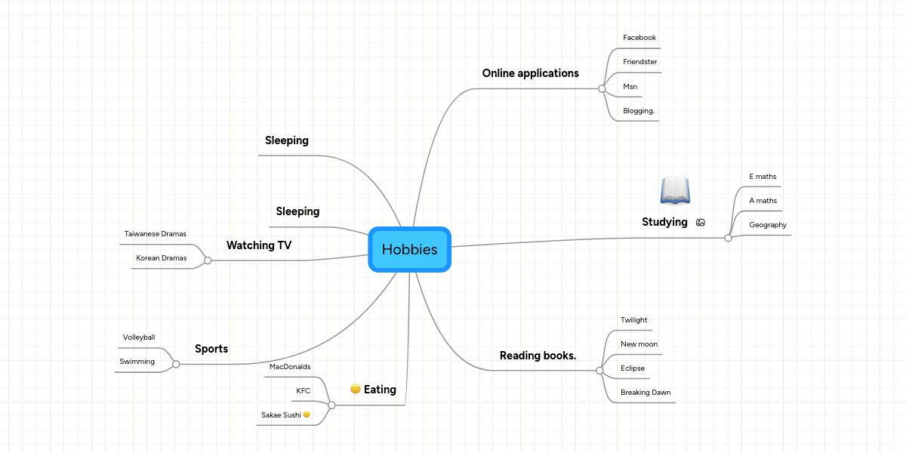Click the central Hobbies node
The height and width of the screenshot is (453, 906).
pos(409,249)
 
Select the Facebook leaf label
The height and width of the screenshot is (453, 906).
pos(639,38)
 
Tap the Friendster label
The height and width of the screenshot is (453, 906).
pos(639,62)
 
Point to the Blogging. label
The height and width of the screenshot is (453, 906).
pos(638,111)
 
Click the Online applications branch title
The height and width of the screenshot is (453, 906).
pos(530,73)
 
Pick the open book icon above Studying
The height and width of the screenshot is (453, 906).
pos(675,190)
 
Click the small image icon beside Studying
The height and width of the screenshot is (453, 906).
pos(701,222)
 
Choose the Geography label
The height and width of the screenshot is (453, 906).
pos(767,225)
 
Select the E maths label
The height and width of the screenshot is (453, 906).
pos(763,177)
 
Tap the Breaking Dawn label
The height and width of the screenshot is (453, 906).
pos(645,393)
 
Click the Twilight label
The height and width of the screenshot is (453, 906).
pos(633,320)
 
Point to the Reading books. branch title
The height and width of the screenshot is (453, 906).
pos(538,356)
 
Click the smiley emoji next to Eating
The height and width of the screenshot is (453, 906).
pos(355,389)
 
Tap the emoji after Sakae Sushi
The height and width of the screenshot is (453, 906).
pos(307,414)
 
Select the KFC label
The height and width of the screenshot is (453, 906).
pos(303,390)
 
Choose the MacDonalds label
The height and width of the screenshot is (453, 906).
pos(289,367)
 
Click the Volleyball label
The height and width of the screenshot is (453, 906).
pos(138,337)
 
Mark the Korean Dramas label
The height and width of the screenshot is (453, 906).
pos(161,258)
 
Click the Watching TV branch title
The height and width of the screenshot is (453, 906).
pos(259,245)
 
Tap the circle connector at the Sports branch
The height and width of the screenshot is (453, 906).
pos(176,364)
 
